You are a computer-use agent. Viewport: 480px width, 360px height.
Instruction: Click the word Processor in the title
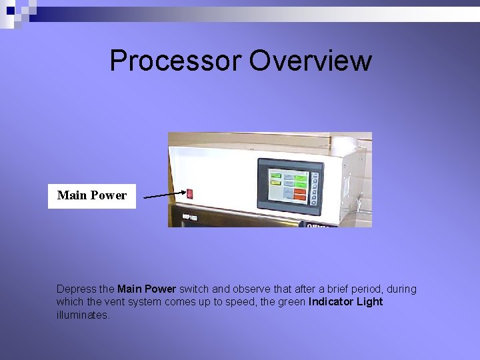click(175, 61)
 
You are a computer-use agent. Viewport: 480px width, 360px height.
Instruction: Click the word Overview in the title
click(310, 61)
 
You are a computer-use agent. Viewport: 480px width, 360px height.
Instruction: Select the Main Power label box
click(92, 196)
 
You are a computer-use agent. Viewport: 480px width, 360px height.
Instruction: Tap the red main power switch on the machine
click(189, 193)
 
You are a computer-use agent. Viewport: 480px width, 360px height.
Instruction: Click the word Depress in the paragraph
click(76, 289)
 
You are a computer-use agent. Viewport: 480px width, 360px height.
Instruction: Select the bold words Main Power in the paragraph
click(147, 289)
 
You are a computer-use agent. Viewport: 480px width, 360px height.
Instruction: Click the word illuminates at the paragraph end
click(83, 315)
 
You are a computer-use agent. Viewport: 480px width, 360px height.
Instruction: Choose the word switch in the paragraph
click(194, 289)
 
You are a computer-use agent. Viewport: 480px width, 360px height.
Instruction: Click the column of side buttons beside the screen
click(315, 186)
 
